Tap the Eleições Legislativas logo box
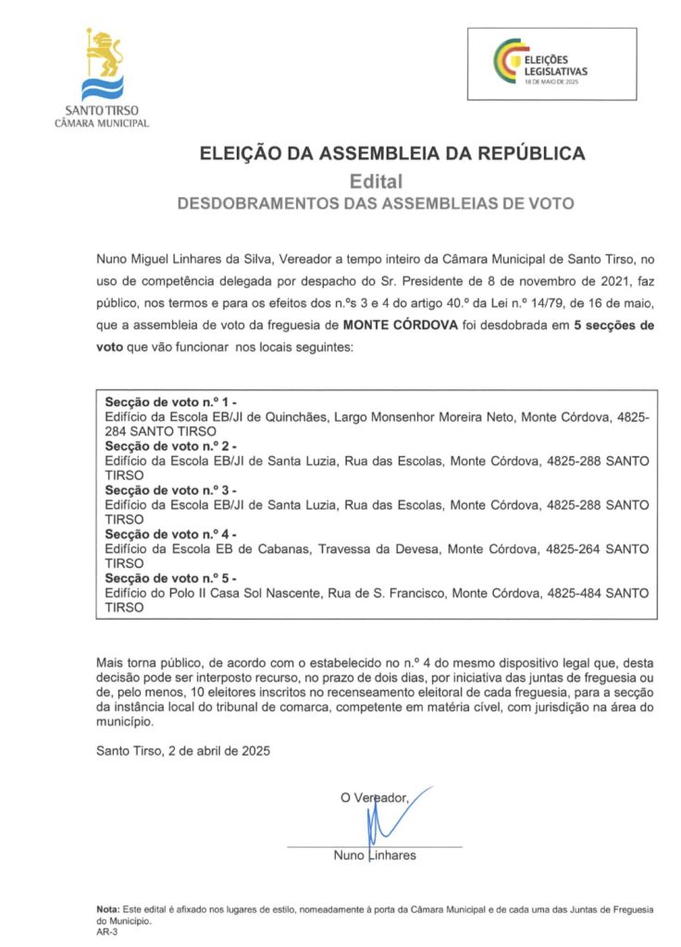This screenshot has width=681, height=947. point(551,64)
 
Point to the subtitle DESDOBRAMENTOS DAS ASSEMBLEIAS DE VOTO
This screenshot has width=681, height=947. point(376,203)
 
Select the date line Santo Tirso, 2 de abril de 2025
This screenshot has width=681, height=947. point(182,753)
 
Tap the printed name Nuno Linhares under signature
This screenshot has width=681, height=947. point(375,855)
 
